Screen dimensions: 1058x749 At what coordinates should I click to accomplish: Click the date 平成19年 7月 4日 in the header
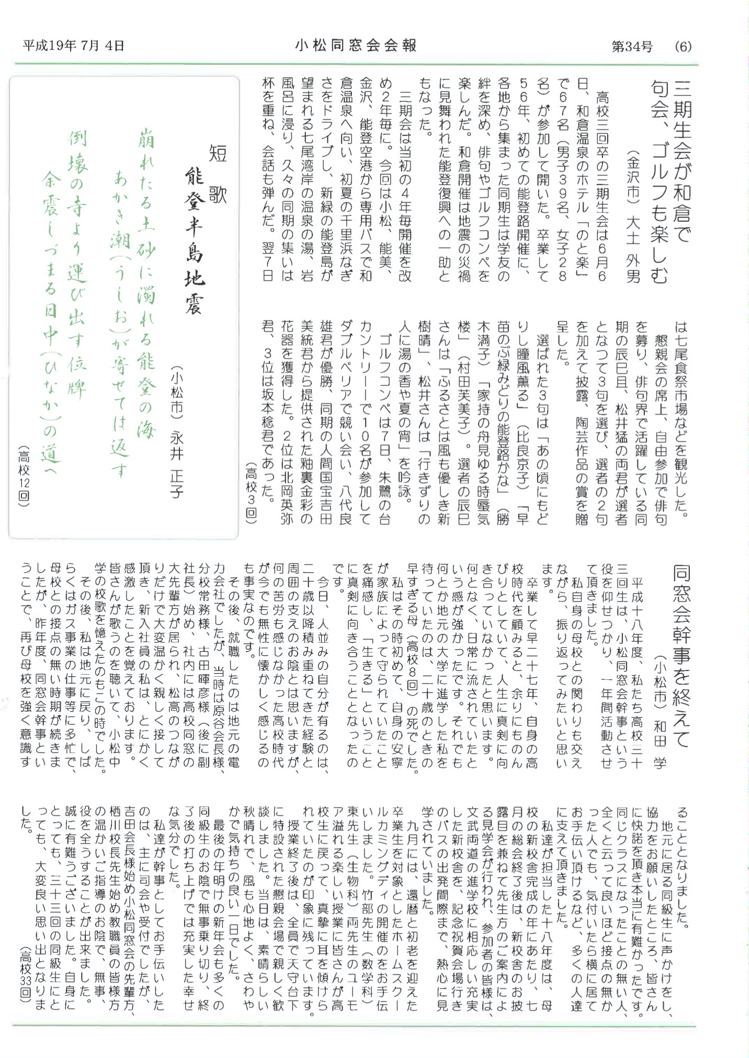(x=73, y=46)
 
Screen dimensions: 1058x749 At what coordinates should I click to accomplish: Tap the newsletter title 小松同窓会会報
(x=356, y=46)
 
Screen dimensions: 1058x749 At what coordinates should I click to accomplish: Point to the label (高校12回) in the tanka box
(x=24, y=476)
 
